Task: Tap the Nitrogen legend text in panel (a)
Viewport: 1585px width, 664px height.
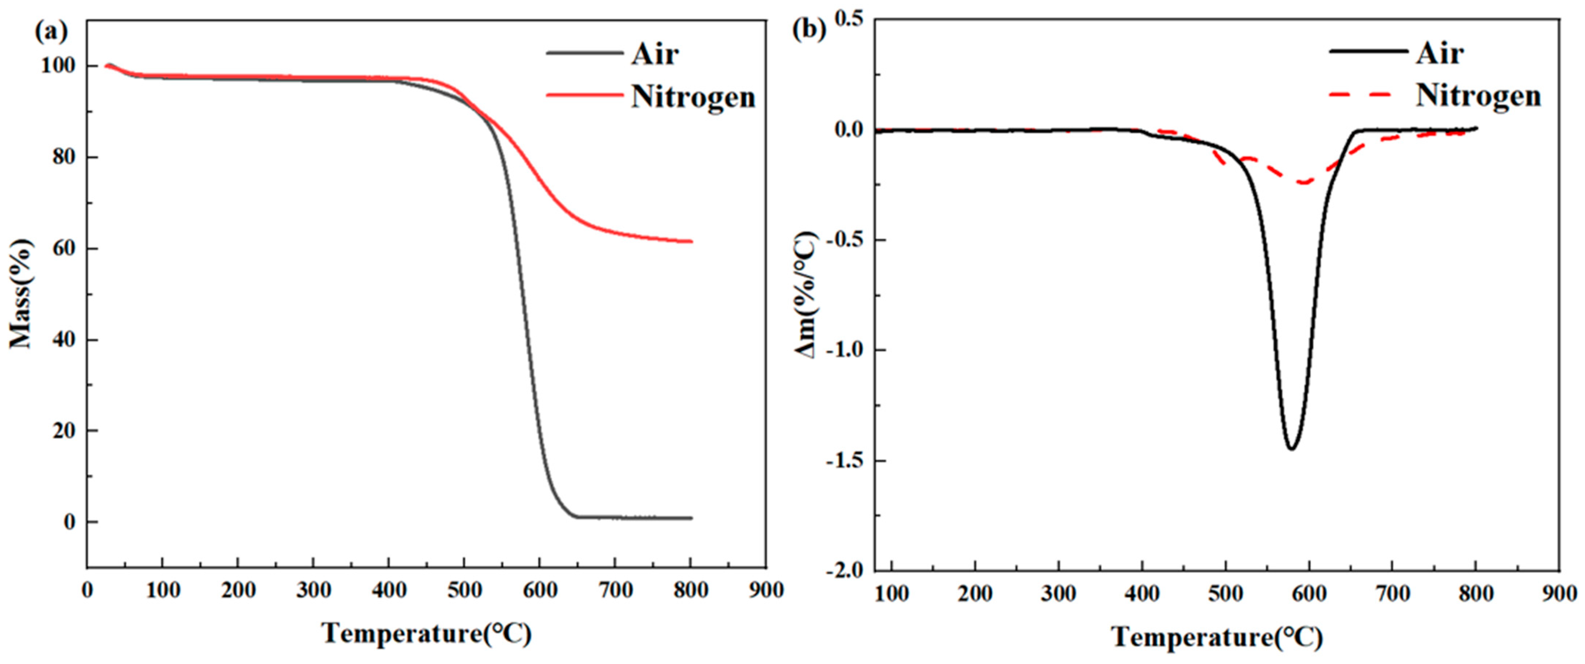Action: [693, 97]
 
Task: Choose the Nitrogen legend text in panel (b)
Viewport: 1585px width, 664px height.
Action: [1478, 96]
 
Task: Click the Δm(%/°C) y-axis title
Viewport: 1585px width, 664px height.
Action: [806, 295]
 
